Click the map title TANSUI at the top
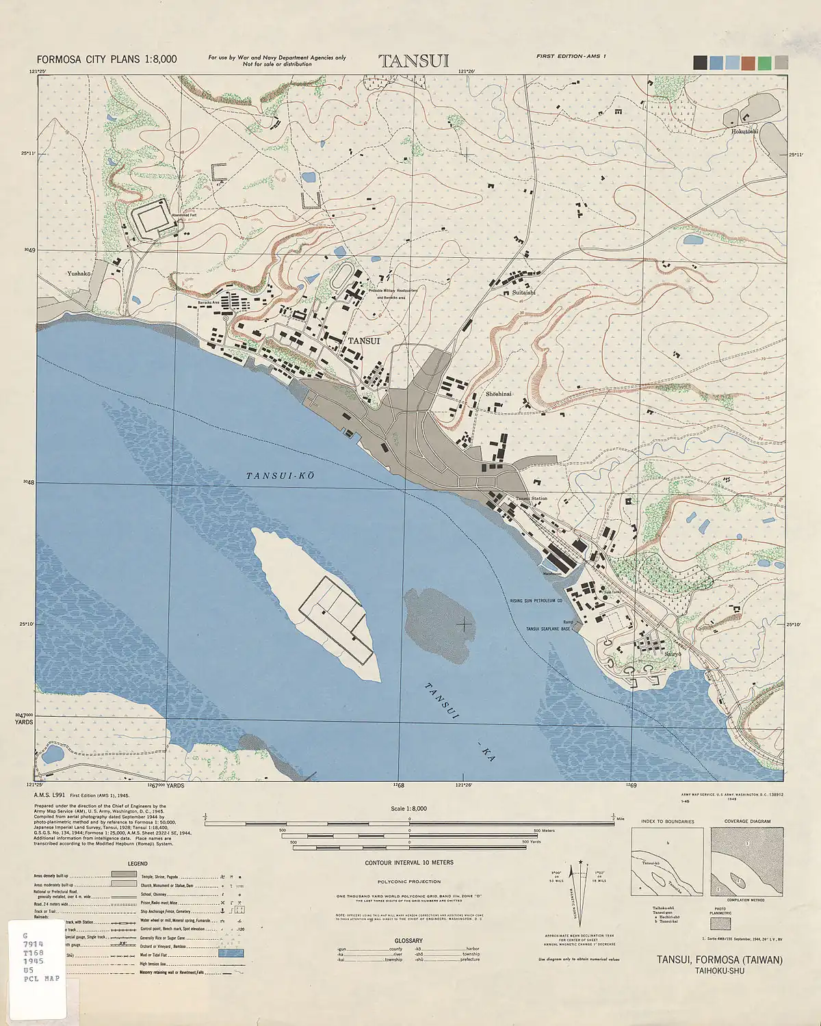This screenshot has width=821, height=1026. [x=414, y=61]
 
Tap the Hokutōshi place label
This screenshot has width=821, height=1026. [x=744, y=131]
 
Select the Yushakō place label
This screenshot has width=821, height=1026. [x=79, y=274]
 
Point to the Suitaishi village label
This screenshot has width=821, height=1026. [x=524, y=292]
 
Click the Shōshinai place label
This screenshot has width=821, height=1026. [x=499, y=394]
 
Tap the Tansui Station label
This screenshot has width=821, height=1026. [x=532, y=499]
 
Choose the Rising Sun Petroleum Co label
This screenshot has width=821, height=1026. [x=536, y=601]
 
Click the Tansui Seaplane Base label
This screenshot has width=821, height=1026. [x=547, y=629]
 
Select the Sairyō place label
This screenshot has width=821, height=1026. [x=673, y=654]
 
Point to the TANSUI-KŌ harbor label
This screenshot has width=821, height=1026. [x=281, y=475]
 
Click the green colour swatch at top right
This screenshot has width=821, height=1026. [x=764, y=63]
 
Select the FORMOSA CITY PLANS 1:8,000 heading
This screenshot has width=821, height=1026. [x=107, y=60]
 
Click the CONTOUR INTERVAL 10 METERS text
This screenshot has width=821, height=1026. [x=409, y=863]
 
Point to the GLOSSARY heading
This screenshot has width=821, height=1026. [x=408, y=941]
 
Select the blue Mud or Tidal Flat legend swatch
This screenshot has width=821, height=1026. [x=231, y=952]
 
